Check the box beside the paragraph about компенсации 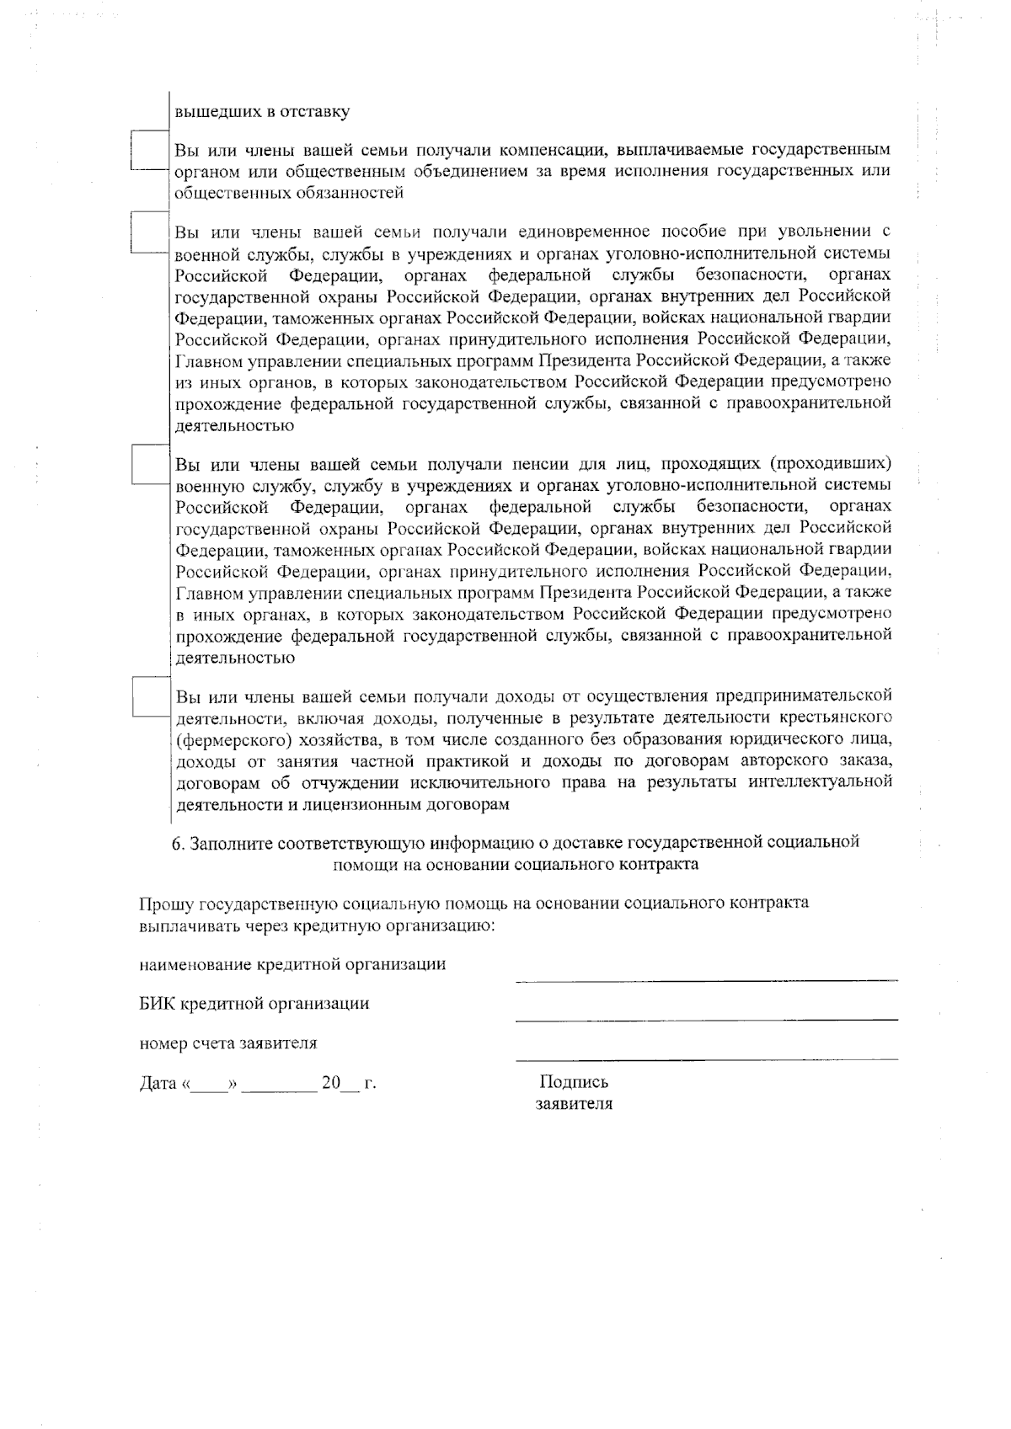pyautogui.click(x=151, y=151)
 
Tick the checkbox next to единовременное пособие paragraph pyautogui.click(x=151, y=232)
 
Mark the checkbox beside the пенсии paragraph pyautogui.click(x=151, y=464)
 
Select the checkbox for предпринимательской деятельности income pyautogui.click(x=151, y=696)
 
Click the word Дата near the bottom pyautogui.click(x=158, y=1084)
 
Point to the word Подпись pyautogui.click(x=573, y=1083)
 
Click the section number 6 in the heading pyautogui.click(x=177, y=843)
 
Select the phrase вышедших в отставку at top pyautogui.click(x=262, y=111)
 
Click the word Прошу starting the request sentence pyautogui.click(x=166, y=904)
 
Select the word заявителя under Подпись pyautogui.click(x=574, y=1104)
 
